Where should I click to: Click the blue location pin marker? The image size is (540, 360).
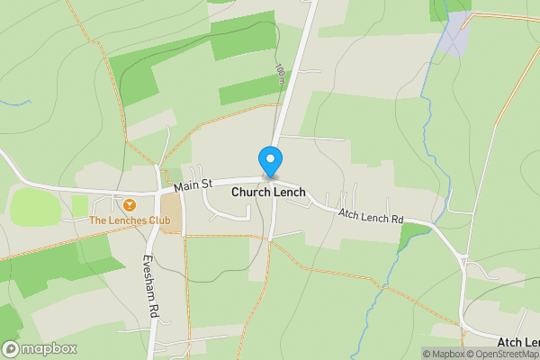pos(269,161)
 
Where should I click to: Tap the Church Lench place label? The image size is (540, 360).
pos(268,193)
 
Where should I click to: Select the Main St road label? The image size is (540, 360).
pos(193,185)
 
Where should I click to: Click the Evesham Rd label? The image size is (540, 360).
pos(150,283)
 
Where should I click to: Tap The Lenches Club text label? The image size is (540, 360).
pos(129,220)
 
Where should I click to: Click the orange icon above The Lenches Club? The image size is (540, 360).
pos(130,205)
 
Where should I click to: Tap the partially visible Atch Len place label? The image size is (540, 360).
pos(517,342)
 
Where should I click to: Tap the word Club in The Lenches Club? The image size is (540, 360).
pos(158,220)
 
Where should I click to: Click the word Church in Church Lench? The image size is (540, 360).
pos(250,193)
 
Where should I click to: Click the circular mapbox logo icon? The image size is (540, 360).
pos(11,349)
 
